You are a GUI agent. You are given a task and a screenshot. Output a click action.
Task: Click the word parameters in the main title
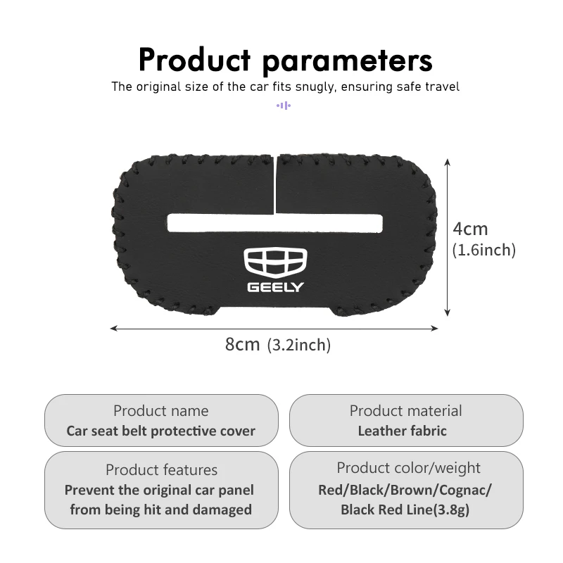pos(347,61)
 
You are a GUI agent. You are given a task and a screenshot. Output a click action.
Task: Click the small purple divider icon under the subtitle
pos(283,106)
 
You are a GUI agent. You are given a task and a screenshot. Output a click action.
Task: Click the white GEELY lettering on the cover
pos(276,287)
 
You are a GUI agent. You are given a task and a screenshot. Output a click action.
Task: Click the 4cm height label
pos(470,229)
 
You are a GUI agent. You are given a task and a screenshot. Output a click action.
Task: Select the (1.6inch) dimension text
pos(484,250)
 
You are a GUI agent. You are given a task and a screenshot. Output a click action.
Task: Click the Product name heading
pos(161,411)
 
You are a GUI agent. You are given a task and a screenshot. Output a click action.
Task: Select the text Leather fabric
pos(402,431)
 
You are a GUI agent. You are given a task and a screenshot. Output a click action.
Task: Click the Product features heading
pos(161,470)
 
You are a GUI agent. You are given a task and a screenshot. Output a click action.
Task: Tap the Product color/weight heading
pos(408,468)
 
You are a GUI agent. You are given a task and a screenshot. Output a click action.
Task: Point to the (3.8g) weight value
pos(450,510)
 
